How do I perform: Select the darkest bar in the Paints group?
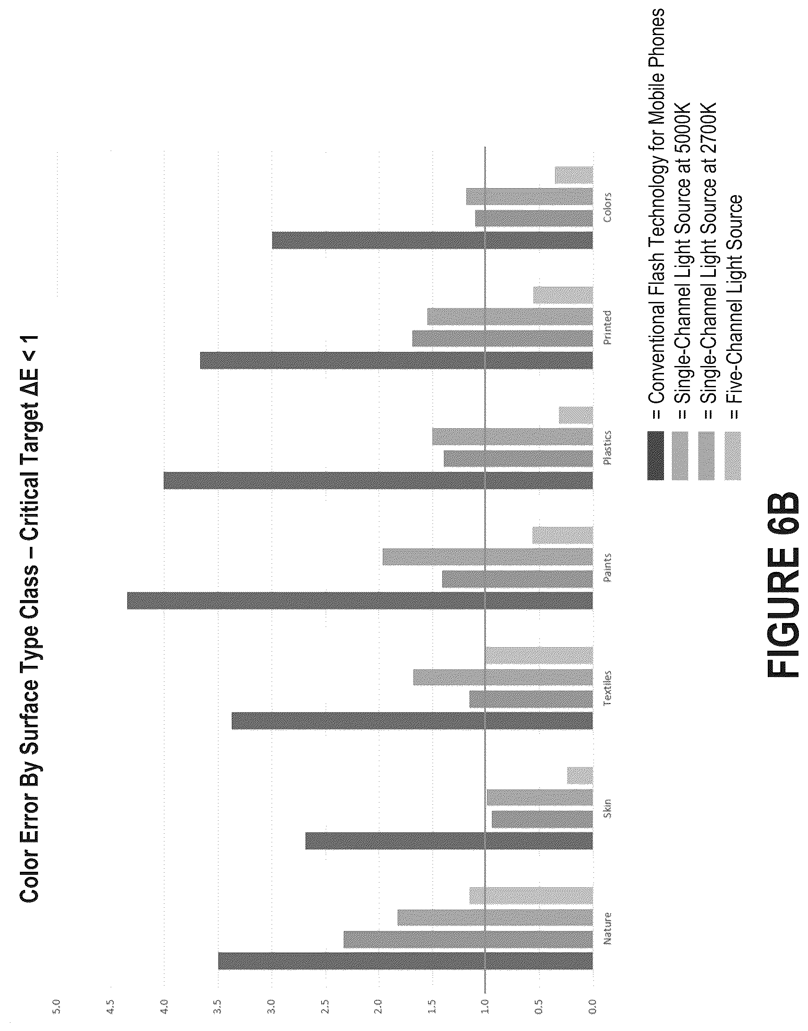click(x=360, y=601)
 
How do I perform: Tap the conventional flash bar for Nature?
click(x=405, y=961)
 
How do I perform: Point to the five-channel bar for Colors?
click(x=574, y=175)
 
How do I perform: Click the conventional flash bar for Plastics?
click(x=378, y=481)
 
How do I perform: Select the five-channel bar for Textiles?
click(x=539, y=655)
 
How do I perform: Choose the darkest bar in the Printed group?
click(x=397, y=360)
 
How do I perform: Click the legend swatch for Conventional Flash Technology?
click(x=656, y=456)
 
